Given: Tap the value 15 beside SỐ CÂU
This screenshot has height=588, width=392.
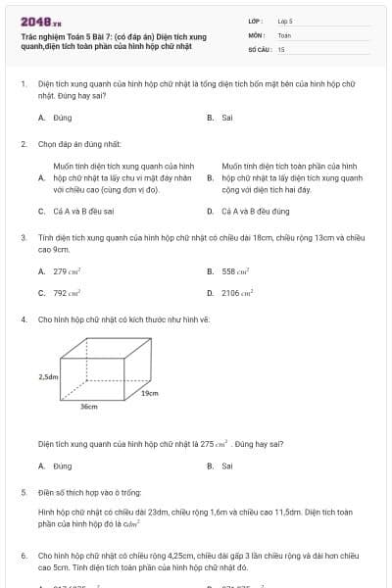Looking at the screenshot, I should click(x=281, y=48).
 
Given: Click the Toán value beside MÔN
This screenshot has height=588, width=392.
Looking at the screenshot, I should click(x=284, y=34).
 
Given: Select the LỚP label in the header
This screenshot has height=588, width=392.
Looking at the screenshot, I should click(x=256, y=21).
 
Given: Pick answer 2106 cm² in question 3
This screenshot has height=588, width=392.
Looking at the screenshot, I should click(x=238, y=292).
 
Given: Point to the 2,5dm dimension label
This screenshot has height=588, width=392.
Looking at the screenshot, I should click(x=48, y=375).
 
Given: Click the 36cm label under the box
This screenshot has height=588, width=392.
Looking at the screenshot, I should click(x=88, y=406).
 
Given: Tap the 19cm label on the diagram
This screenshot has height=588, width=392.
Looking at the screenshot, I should click(x=149, y=393).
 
